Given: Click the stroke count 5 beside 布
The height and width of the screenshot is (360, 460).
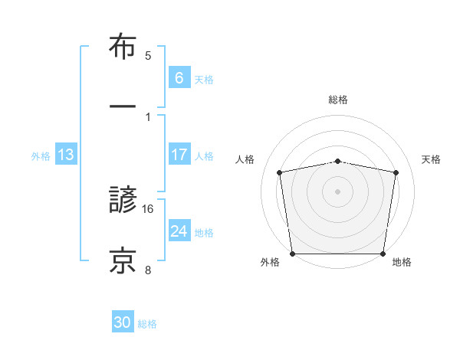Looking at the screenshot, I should point(148,56).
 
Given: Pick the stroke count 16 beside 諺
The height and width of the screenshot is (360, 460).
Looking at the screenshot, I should point(148,208).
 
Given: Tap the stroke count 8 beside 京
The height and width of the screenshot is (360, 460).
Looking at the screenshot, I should point(148,270).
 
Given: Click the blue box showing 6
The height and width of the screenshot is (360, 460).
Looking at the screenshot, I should point(179,77).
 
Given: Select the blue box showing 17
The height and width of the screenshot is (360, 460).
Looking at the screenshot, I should point(179,155).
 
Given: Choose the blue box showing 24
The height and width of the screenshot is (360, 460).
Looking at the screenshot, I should point(179,231).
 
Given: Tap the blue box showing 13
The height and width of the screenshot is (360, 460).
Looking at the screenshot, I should point(66,155).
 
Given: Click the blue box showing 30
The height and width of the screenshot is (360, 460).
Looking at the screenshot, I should point(123,323).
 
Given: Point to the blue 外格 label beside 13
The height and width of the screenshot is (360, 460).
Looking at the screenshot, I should point(41,155).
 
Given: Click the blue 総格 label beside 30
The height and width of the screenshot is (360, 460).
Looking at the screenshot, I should point(147,324).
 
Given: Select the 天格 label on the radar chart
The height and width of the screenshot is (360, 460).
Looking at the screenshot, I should point(431,159).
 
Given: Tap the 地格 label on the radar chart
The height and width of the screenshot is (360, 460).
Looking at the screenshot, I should point(402,262).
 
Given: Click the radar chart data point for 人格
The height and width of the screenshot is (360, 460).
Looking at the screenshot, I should point(280,172).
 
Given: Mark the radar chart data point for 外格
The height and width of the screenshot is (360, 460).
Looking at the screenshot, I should point(292,254).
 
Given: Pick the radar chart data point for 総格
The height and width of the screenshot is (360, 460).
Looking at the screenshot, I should point(337,161).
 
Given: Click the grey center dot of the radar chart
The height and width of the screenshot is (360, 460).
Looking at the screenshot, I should point(337,191).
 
